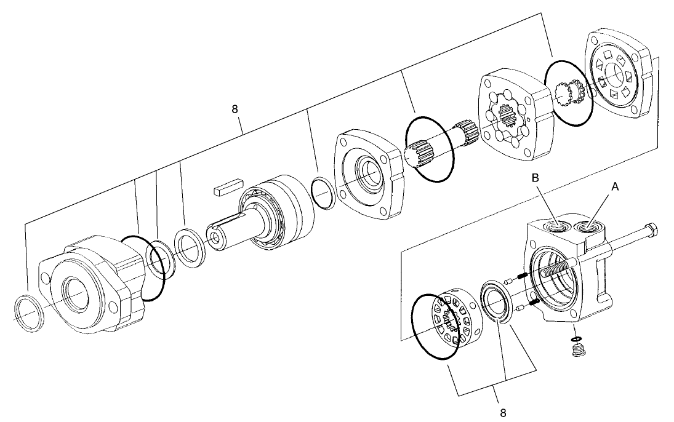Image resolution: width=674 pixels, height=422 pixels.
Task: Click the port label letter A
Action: pyautogui.click(x=614, y=184)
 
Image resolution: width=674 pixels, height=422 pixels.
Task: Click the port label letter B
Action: pyautogui.click(x=536, y=178)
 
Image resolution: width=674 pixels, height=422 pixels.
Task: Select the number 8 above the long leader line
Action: pyautogui.click(x=235, y=109)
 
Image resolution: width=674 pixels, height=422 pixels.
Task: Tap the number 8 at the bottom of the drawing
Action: pyautogui.click(x=503, y=412)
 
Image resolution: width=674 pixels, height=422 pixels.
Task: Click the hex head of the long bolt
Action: pyautogui.click(x=653, y=232)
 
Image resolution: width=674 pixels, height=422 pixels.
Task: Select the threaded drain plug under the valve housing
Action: pyautogui.click(x=577, y=352)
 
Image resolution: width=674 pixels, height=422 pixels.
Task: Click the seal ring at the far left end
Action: pyautogui.click(x=30, y=313)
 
